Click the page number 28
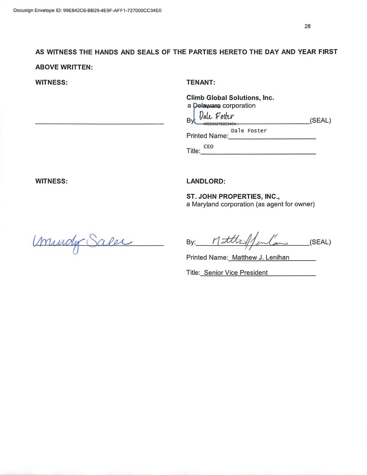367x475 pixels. click(307, 26)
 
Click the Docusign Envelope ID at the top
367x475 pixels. click(87, 10)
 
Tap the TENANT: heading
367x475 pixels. click(201, 82)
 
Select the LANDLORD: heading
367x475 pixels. click(206, 181)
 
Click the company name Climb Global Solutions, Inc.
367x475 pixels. click(230, 98)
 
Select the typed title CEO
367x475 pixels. click(209, 147)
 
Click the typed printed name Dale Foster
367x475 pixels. click(249, 131)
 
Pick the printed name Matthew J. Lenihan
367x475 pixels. click(260, 257)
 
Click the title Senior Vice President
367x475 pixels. click(236, 273)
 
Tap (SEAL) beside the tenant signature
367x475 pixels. click(320, 121)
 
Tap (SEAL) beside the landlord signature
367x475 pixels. click(320, 242)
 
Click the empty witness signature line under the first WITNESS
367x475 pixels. click(99, 124)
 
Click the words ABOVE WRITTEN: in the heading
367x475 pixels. click(64, 67)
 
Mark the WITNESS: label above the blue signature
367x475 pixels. click(51, 181)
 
